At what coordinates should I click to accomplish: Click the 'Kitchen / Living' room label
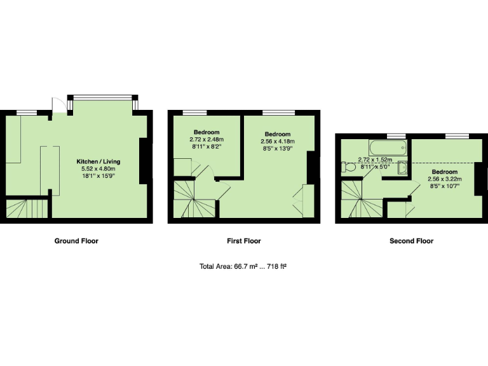point(98,161)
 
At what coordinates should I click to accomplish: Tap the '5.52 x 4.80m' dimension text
point(98,169)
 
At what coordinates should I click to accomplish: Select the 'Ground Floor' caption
point(76,241)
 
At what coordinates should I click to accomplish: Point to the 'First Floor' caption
point(244,241)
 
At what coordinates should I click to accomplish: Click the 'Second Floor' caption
point(411,241)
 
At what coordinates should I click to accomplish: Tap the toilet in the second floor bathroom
point(348,168)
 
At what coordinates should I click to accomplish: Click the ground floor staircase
point(27,208)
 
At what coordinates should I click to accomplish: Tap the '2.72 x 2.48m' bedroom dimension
point(207,139)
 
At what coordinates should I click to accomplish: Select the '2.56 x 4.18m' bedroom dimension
point(278,142)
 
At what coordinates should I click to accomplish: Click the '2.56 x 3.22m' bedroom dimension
point(445,180)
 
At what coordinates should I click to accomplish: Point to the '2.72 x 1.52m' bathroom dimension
point(376,160)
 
